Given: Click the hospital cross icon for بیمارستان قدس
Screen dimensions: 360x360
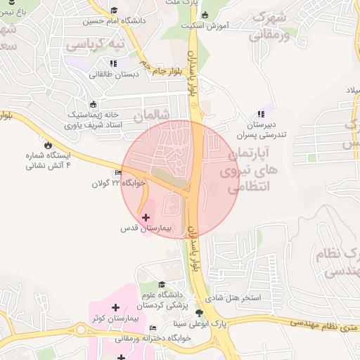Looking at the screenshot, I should pos(146,218).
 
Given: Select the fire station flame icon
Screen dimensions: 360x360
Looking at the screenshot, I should pos(47,146).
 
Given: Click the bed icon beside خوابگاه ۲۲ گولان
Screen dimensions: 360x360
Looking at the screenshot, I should pos(117,173).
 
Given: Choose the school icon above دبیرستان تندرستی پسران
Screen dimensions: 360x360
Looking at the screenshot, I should pos(262,114).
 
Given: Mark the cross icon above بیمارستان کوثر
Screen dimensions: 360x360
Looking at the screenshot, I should pos(115,307).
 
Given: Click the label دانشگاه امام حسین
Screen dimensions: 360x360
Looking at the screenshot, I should pos(115,21).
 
